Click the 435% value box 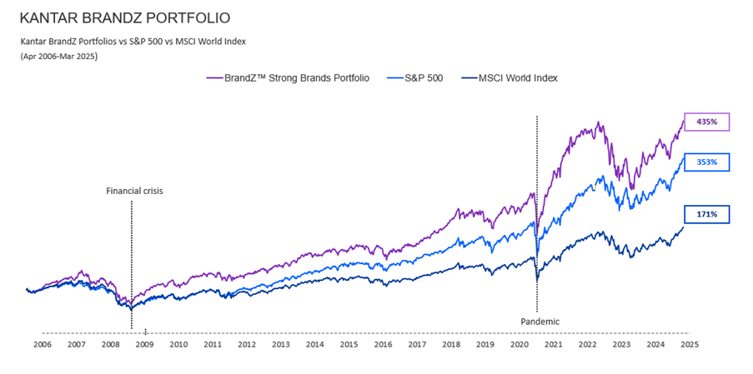[x=706, y=122]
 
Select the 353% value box [x=706, y=163]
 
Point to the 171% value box [x=706, y=215]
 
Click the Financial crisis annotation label [x=134, y=191]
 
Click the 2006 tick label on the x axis [x=42, y=344]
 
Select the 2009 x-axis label [x=144, y=344]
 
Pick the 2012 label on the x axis [x=247, y=344]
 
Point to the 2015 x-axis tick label [x=349, y=344]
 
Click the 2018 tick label [x=451, y=344]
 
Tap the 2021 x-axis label [x=553, y=344]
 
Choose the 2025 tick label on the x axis [x=689, y=344]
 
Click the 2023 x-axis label [x=621, y=344]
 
